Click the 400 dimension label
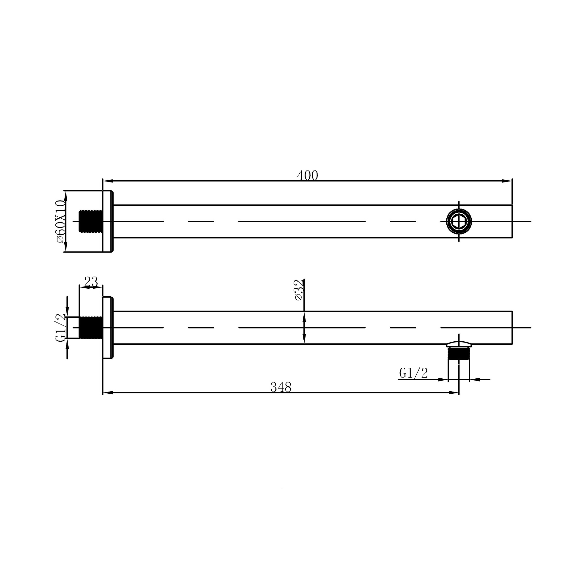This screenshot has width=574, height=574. pos(307,176)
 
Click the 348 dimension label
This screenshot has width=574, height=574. pos(281,387)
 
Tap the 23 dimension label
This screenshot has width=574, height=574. pos(91,282)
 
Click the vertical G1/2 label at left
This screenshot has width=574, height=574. pos(61,328)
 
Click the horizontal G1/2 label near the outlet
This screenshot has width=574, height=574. pos(413,373)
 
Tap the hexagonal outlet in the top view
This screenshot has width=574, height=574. pos(459,221)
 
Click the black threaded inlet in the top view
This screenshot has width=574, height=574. pos(90,221)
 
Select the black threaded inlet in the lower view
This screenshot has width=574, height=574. pos(91,328)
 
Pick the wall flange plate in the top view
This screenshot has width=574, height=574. pos(108,221)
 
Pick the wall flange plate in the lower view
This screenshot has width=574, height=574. pos(108,328)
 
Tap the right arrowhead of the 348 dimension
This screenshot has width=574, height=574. pos(454,392)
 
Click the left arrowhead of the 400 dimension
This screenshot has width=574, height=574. pos(107,181)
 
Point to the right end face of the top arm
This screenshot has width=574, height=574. pos(512,221)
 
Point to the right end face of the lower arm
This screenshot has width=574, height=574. pos(512,328)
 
